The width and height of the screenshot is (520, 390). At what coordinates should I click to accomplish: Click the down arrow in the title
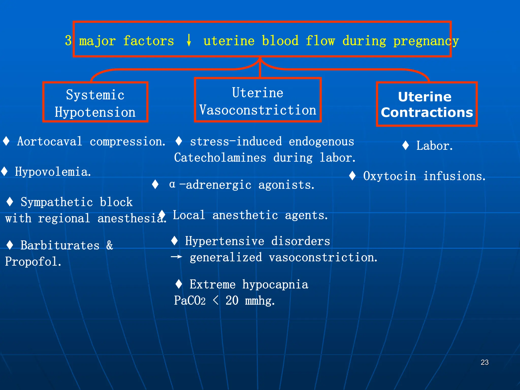tap(189, 40)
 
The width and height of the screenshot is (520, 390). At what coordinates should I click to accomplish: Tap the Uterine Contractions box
tap(427, 104)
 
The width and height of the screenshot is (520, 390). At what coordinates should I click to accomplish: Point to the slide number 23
tap(484, 362)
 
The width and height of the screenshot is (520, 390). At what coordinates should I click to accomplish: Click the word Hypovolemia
tap(53, 172)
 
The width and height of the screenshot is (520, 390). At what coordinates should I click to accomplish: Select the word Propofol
tap(33, 262)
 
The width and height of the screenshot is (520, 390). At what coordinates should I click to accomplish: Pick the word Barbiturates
tap(60, 246)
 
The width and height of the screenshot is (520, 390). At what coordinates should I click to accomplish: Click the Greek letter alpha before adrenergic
tap(172, 184)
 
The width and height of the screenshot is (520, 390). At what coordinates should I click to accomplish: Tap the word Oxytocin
tap(389, 176)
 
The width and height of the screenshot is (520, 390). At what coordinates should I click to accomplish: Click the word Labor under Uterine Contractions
tap(434, 146)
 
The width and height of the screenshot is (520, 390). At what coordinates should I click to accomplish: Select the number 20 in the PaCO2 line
tap(232, 301)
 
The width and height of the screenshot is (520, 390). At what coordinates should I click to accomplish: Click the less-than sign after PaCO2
tap(216, 301)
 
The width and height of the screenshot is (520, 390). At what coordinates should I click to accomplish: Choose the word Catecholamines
tap(220, 158)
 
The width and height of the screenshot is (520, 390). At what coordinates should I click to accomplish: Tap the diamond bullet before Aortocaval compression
tap(6, 141)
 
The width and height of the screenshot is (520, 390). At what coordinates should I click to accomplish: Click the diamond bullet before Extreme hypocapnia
tap(179, 284)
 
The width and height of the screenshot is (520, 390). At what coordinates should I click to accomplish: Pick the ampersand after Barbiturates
tap(110, 246)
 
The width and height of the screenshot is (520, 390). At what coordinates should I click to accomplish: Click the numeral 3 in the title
tap(68, 41)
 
